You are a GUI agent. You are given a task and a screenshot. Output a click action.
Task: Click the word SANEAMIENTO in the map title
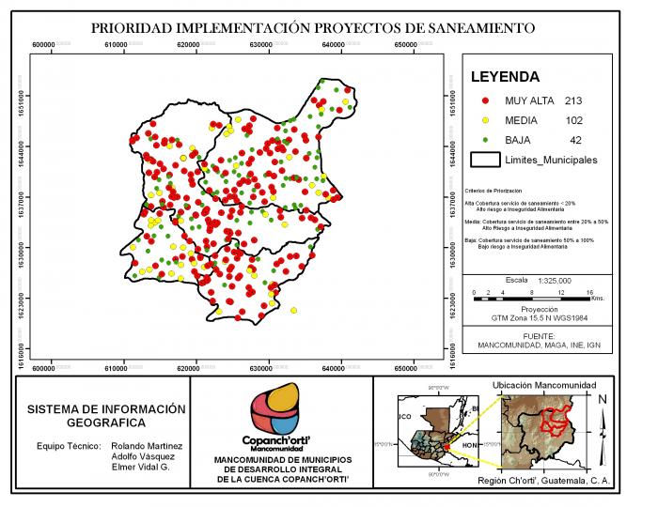tap(477, 27)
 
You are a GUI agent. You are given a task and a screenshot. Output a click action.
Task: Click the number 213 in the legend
tap(574, 100)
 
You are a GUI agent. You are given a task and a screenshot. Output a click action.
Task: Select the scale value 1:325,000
tap(555, 281)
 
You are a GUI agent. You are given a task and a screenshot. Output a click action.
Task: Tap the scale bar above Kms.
tap(531, 299)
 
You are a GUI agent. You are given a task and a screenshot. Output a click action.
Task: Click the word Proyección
tap(540, 309)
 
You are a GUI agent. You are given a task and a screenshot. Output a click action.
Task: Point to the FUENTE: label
tap(539, 335)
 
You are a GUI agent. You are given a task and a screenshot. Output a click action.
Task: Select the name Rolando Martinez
tap(146, 445)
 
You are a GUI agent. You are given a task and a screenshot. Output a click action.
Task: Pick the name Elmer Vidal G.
tap(139, 467)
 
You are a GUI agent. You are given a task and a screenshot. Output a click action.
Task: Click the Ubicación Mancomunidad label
tap(544, 385)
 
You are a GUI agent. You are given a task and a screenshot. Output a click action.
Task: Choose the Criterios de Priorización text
tap(493, 190)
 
